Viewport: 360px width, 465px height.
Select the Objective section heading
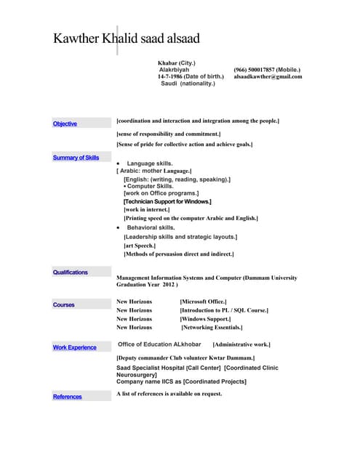click(x=65, y=124)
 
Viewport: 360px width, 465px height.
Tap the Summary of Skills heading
click(x=76, y=158)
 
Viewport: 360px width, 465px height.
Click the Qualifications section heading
click(x=70, y=272)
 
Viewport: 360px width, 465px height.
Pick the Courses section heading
click(x=63, y=305)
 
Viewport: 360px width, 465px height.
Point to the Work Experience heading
click(x=74, y=347)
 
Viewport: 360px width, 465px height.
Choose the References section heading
click(x=67, y=397)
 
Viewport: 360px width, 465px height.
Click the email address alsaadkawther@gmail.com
click(x=268, y=76)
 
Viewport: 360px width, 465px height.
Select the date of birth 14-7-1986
click(x=170, y=76)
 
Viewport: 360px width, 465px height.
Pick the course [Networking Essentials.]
click(x=217, y=328)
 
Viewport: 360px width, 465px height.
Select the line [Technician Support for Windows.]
click(x=167, y=201)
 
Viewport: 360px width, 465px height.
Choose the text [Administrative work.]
click(x=241, y=344)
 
